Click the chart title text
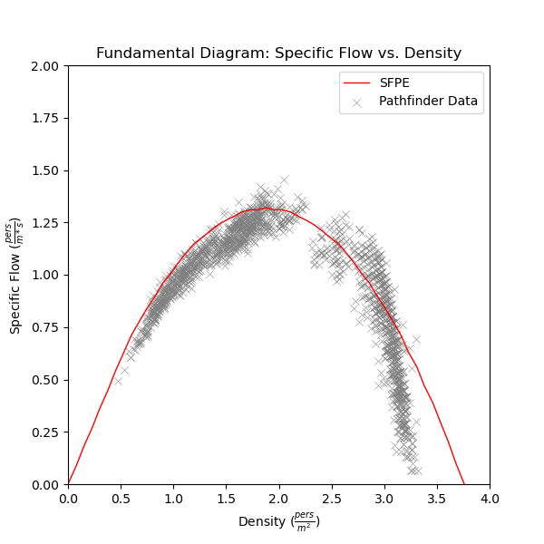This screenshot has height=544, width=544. pos(278,53)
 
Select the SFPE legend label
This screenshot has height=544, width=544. pos(394,83)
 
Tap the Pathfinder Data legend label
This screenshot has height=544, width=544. pos(428,101)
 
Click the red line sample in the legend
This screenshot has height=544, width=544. pos(356,83)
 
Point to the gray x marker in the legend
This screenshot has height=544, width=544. pos(356,102)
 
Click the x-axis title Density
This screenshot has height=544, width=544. pos(278,522)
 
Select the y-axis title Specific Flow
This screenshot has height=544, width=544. pos(17,275)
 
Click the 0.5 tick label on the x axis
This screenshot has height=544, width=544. pos(121,498)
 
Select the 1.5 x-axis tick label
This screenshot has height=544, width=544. pos(226,498)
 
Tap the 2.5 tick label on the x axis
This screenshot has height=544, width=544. pos(332,498)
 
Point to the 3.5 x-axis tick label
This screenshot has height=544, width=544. pos(437,498)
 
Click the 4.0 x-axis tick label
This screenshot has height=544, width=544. pos(490,498)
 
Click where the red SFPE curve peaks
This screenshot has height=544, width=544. pos(266,208)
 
